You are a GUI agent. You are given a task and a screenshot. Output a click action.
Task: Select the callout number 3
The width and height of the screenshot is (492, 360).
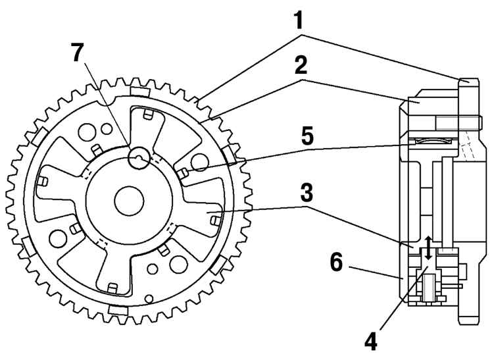click(x=307, y=193)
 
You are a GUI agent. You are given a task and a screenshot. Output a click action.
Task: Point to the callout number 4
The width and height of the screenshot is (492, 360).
click(x=371, y=341)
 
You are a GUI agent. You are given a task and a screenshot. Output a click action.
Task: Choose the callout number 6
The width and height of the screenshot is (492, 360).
click(x=337, y=263)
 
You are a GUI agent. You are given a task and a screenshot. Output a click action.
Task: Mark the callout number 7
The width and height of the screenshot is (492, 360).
click(x=77, y=52)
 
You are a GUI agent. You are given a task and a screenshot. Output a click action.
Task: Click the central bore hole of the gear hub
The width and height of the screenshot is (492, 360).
click(x=129, y=201)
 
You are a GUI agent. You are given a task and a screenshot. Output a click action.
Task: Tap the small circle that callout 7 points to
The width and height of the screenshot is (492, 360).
click(x=139, y=158)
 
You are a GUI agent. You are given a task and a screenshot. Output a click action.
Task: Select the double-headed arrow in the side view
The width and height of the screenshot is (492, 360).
click(x=428, y=248)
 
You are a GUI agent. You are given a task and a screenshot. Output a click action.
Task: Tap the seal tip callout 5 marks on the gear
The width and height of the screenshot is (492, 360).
click(x=183, y=173)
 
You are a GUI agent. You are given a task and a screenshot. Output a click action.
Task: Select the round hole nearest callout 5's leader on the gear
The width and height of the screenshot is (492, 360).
click(x=199, y=162)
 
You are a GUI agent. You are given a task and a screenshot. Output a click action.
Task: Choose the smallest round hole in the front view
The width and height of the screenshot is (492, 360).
click(x=149, y=298)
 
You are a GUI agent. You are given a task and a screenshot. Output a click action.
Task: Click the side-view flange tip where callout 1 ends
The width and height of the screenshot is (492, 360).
click(x=469, y=82)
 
